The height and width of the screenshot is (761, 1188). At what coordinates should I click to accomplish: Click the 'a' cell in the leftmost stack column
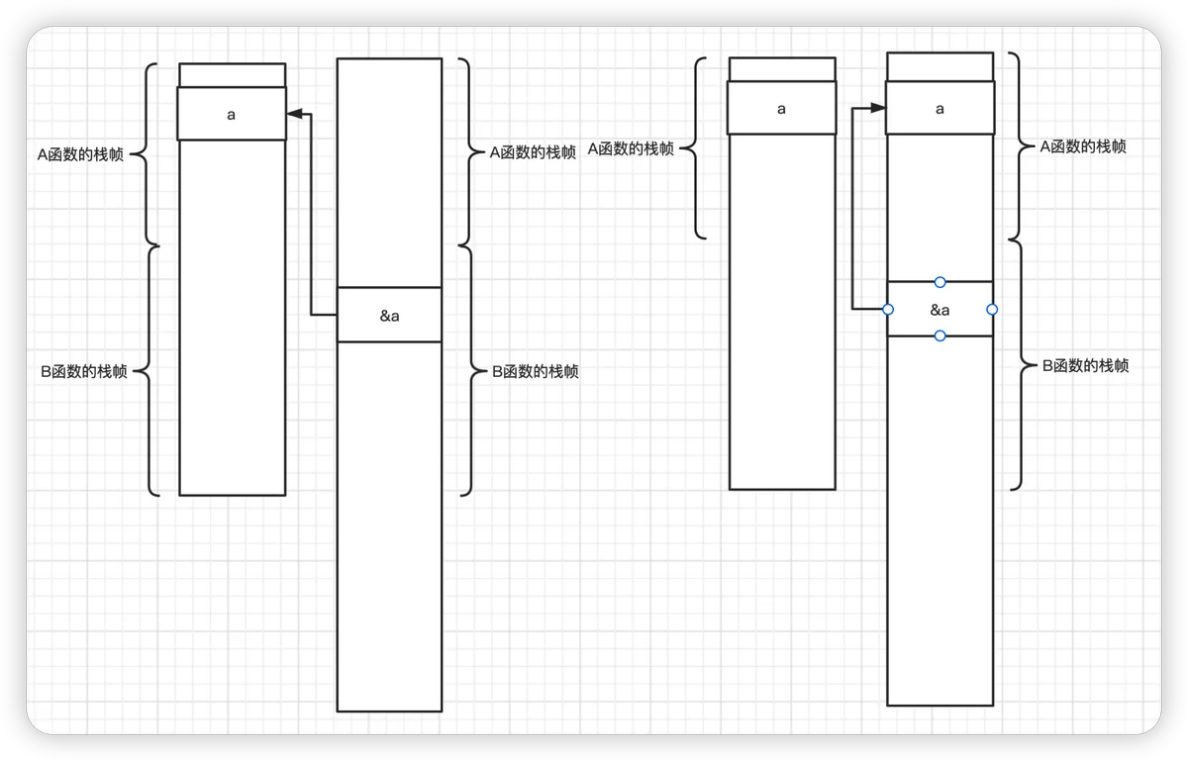click(232, 114)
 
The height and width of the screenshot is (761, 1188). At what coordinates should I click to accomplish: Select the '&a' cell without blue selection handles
click(389, 315)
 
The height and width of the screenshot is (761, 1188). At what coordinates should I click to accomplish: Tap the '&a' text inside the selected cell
click(940, 310)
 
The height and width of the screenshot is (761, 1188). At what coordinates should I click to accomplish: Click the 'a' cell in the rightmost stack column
click(940, 108)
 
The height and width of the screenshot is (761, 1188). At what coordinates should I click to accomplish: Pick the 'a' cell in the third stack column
click(782, 108)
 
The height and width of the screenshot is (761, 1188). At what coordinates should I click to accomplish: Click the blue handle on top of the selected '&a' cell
click(940, 282)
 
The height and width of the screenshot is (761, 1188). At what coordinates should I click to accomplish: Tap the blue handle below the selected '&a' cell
click(940, 335)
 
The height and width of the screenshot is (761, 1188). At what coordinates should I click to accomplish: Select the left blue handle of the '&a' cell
click(888, 309)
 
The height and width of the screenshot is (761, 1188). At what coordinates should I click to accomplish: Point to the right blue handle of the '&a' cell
click(992, 309)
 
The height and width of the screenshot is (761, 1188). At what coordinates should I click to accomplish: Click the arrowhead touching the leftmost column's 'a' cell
click(294, 114)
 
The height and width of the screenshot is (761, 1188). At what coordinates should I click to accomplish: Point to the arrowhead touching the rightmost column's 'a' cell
click(878, 108)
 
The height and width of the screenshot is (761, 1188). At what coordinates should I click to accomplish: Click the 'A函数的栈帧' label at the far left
click(80, 154)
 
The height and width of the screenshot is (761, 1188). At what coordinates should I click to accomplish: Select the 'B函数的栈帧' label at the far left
click(84, 371)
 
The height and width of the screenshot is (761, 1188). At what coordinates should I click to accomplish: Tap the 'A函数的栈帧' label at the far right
click(1083, 146)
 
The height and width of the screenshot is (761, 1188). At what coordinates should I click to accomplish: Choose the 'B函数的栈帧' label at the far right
click(1086, 365)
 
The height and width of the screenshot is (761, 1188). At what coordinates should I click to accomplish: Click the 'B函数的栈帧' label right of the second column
click(536, 371)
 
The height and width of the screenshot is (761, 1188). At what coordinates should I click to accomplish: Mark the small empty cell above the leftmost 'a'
click(233, 75)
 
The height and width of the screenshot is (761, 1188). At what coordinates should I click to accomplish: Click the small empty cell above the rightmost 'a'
click(940, 67)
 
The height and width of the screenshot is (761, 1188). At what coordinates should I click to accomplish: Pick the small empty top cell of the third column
click(782, 69)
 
